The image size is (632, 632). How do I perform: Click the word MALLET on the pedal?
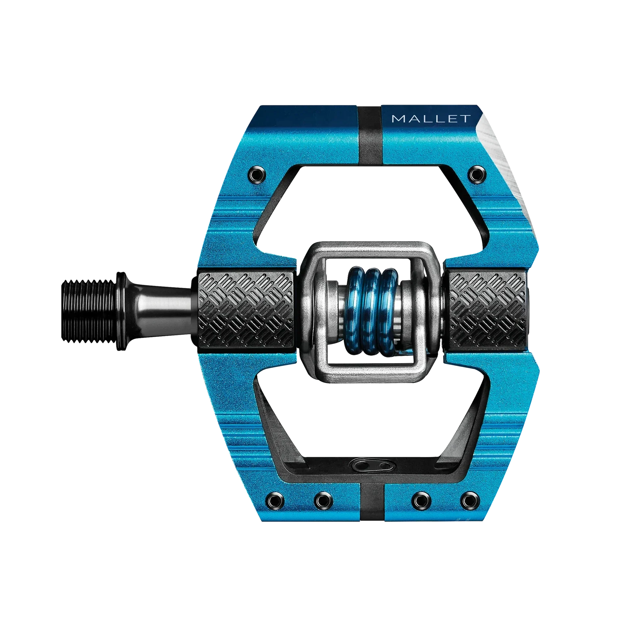pyautogui.click(x=431, y=118)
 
